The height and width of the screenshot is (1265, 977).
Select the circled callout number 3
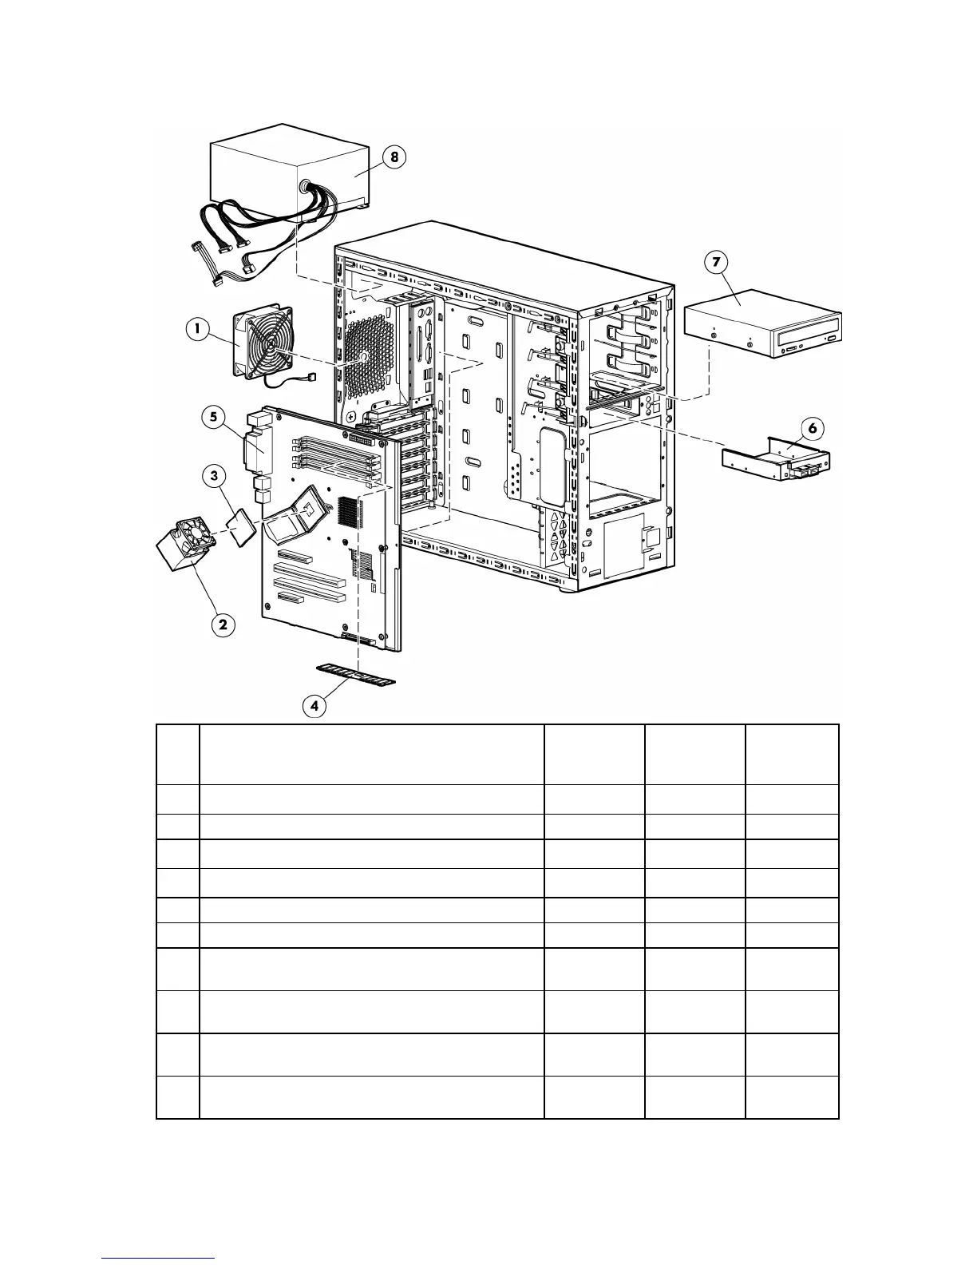coord(213,476)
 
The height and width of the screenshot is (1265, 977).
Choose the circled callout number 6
coord(813,428)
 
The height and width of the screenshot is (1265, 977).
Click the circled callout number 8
coord(394,157)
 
